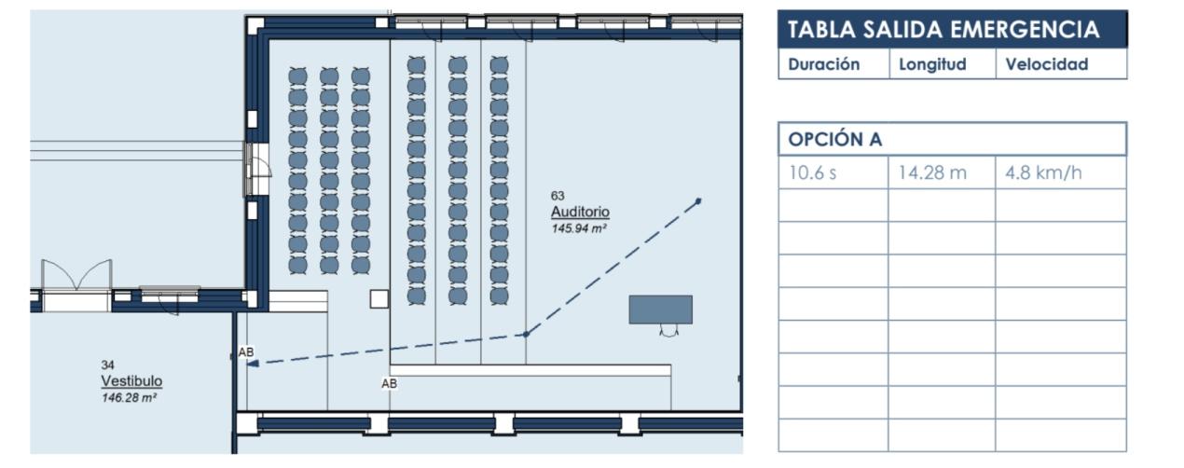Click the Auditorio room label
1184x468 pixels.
click(580, 213)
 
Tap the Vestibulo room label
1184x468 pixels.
click(131, 381)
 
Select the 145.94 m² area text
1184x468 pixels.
click(579, 227)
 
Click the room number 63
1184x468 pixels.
click(558, 196)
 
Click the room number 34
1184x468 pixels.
click(107, 365)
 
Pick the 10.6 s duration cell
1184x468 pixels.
click(813, 172)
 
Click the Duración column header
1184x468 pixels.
click(823, 64)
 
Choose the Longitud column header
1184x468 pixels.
click(932, 64)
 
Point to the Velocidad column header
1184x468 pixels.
click(1047, 64)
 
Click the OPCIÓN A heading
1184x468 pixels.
click(835, 140)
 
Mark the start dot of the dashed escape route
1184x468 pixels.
click(698, 200)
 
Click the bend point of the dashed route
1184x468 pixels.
click(526, 334)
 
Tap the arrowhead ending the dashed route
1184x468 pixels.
click(252, 364)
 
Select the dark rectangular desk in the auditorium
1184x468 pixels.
click(660, 310)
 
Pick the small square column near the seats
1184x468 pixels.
click(379, 298)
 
